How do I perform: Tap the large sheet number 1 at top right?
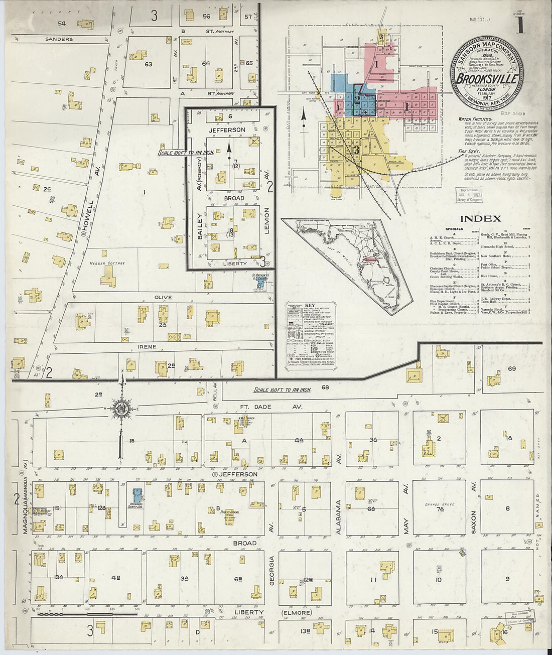(521, 25)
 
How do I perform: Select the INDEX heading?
(480, 219)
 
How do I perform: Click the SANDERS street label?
(59, 39)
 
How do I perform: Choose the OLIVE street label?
(163, 298)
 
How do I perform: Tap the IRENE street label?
(148, 347)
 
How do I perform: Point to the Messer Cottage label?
(107, 263)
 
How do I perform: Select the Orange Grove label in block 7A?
(439, 504)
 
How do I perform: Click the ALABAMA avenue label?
(339, 516)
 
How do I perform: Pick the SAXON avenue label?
(473, 507)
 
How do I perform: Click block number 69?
(511, 369)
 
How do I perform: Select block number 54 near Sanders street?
(62, 24)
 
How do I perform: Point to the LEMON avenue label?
(267, 219)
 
